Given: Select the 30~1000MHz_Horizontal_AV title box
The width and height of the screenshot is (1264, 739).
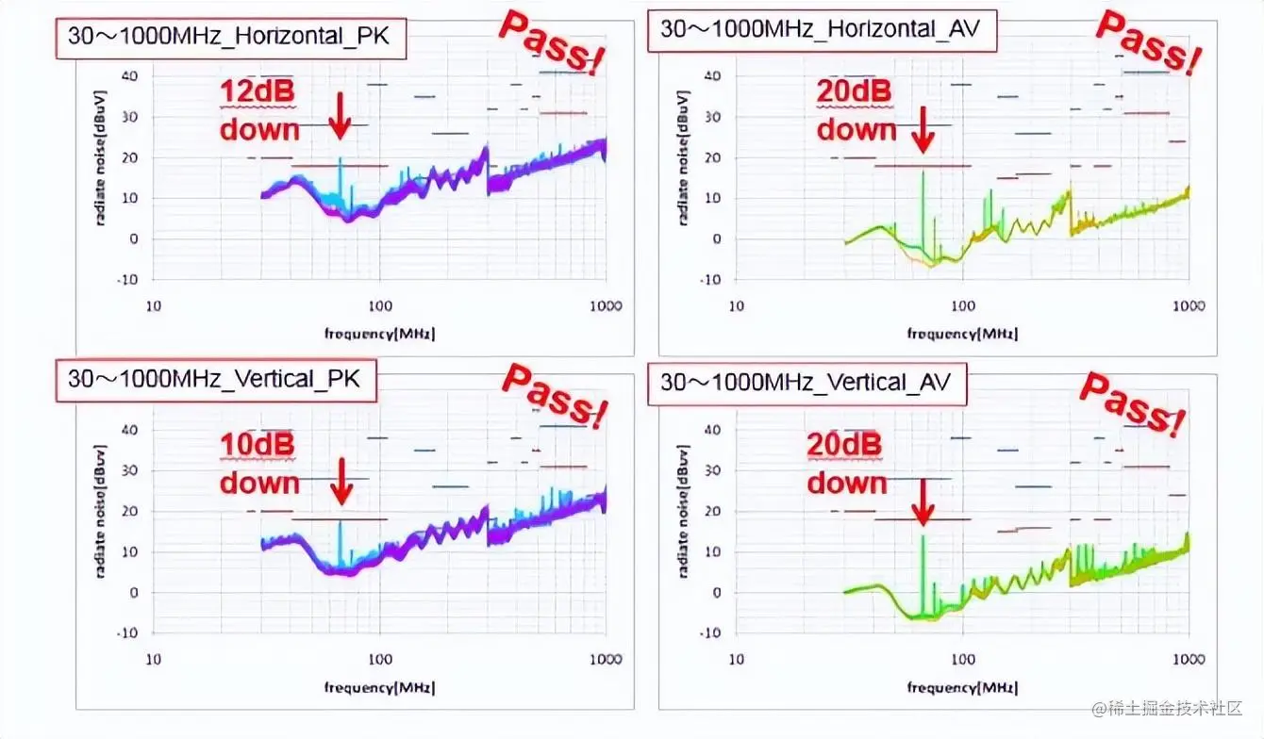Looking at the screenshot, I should pos(821,29).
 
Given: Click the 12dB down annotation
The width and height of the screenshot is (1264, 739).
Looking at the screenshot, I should pos(259,110).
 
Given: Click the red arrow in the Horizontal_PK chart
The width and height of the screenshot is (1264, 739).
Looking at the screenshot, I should pos(341,118).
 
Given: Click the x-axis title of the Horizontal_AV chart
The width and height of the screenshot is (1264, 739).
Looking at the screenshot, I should pos(962,333).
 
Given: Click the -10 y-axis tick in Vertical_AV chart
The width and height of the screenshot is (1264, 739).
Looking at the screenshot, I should pos(708,632).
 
